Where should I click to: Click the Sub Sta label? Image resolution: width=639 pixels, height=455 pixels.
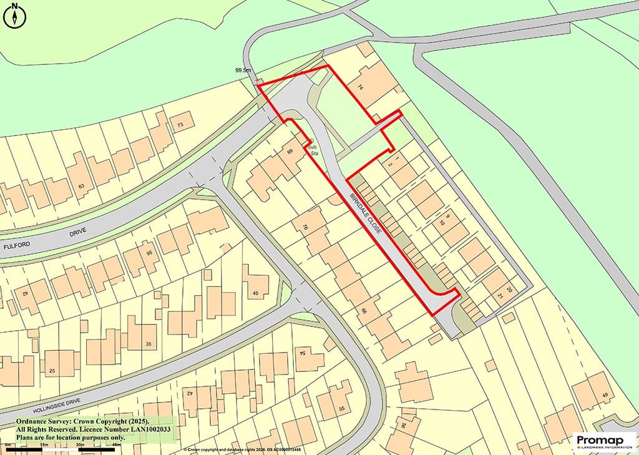click(x=315, y=149)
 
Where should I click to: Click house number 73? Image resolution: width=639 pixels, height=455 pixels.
click(x=181, y=125)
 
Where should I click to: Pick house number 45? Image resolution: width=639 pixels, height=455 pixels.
click(x=256, y=293)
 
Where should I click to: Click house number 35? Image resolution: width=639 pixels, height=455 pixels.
click(x=148, y=344)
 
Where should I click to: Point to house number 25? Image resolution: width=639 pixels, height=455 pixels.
click(x=52, y=371)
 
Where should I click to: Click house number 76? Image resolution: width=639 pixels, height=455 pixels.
click(x=305, y=227)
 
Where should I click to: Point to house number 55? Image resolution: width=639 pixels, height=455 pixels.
click(x=341, y=408)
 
